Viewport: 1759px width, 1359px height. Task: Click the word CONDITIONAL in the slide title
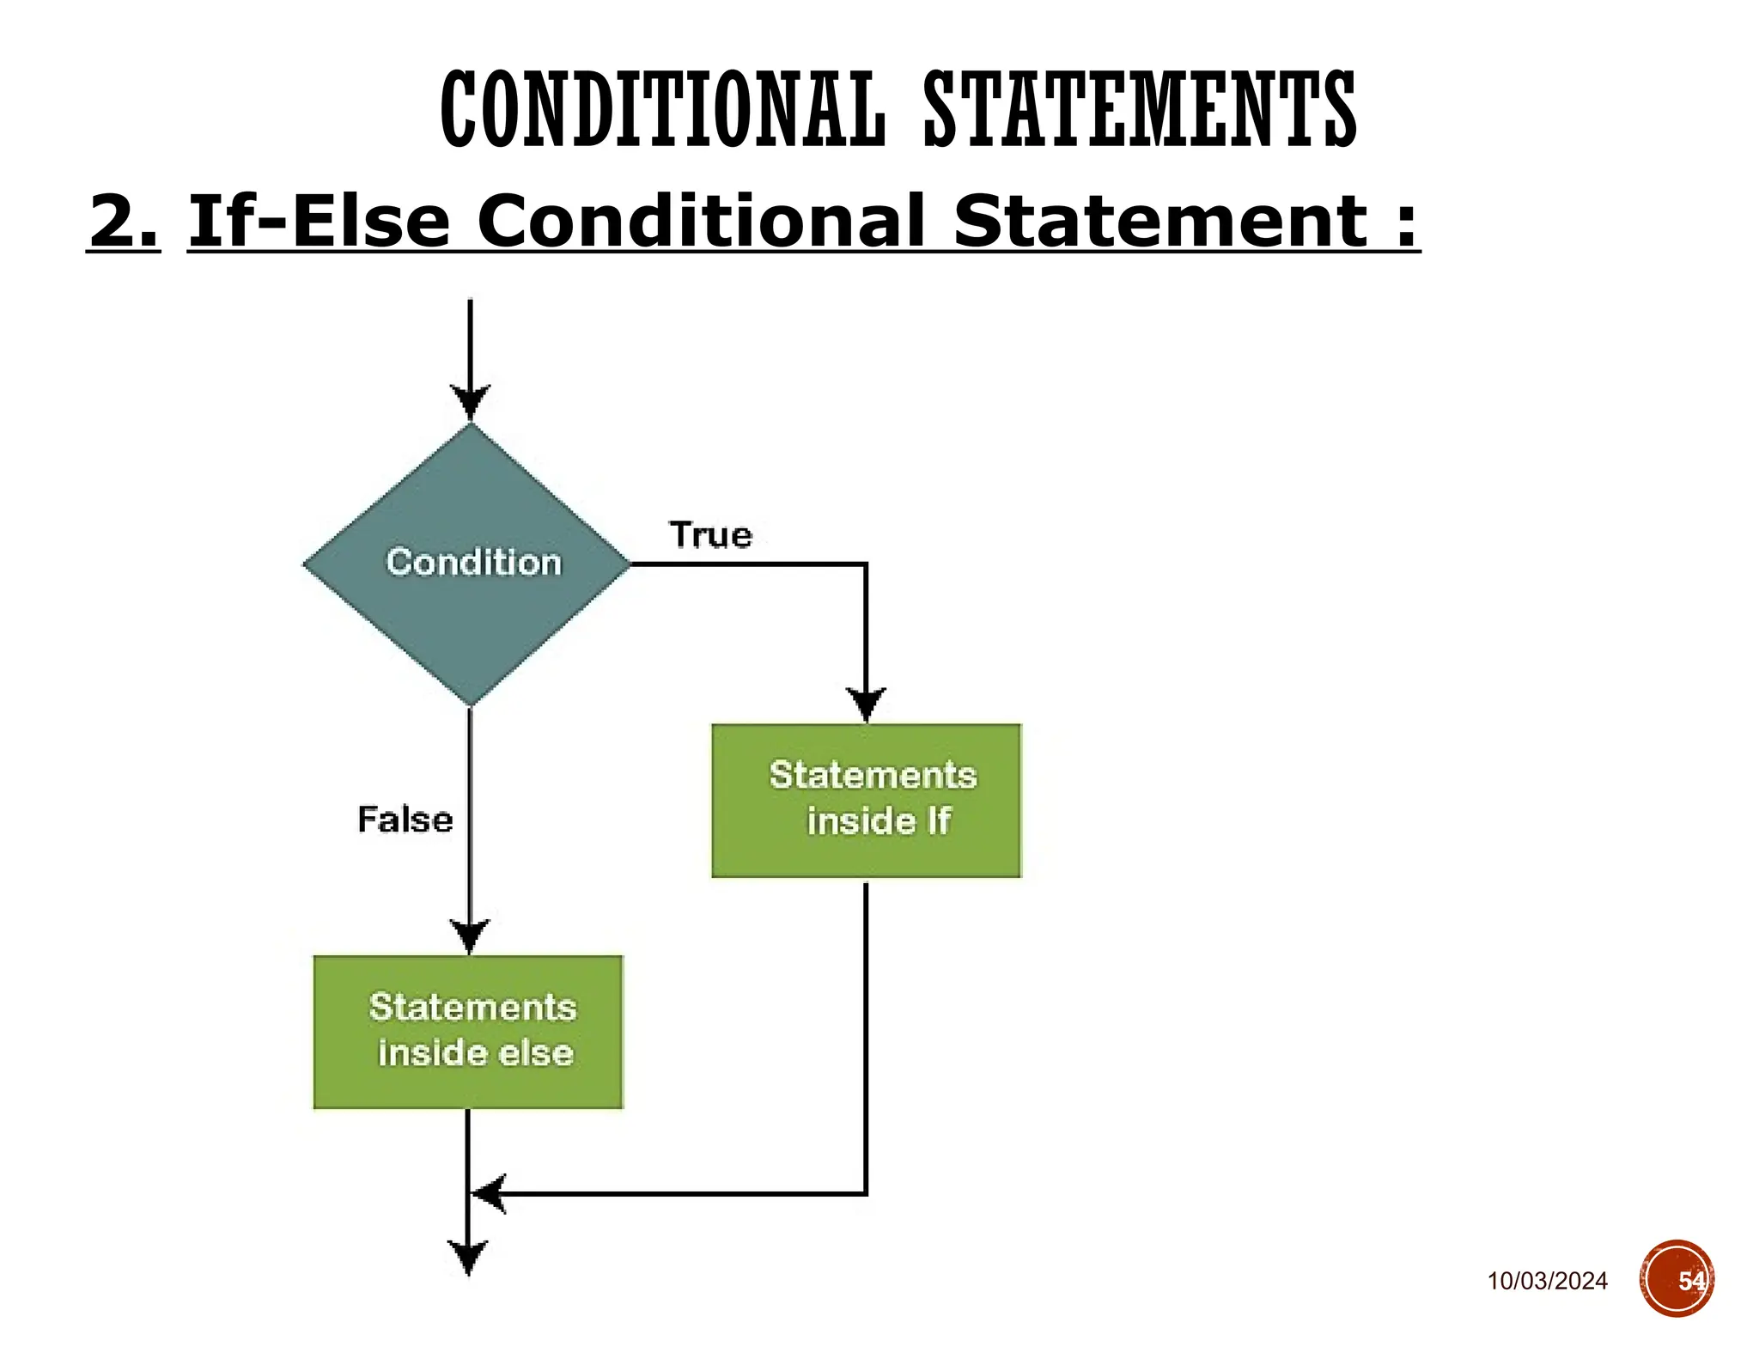point(661,110)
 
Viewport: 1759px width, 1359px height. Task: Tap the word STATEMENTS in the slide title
point(1140,110)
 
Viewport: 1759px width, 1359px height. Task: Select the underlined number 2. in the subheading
point(124,222)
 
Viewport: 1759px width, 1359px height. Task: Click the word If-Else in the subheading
point(319,222)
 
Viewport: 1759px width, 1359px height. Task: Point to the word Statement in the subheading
point(1159,222)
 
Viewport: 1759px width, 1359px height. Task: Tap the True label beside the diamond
point(710,535)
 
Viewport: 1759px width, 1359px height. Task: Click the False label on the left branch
point(405,820)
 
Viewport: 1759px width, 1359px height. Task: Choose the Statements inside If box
point(866,800)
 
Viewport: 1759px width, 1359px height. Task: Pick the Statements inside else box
point(468,1032)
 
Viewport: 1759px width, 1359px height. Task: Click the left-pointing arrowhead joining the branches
point(489,1193)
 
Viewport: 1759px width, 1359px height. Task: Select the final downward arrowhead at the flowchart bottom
point(468,1258)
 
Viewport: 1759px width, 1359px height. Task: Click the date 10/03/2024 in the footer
point(1547,1281)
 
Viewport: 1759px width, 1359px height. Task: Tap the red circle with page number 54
point(1677,1279)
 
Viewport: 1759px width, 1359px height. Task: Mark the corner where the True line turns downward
point(866,564)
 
